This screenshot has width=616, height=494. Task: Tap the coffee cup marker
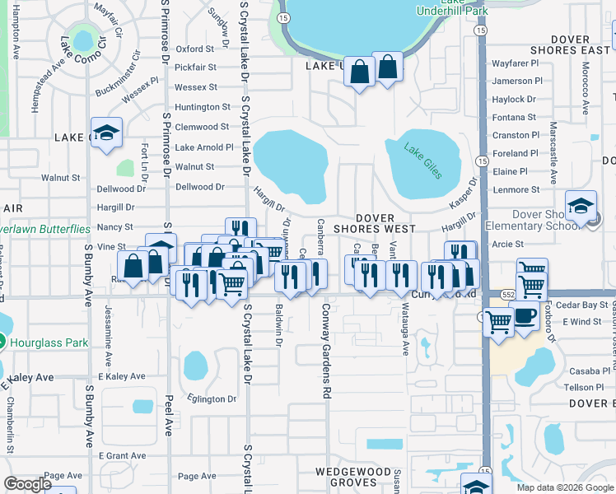tap(525, 315)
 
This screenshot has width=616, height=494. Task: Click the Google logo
tap(27, 484)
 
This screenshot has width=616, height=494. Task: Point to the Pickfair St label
tap(195, 68)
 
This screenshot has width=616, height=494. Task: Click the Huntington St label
tap(203, 107)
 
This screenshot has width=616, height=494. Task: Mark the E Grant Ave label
tap(122, 455)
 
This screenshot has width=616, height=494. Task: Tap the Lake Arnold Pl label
tap(204, 147)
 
